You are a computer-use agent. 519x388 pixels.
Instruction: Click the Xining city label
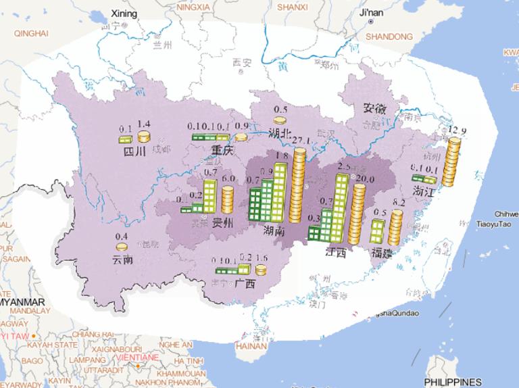(124, 14)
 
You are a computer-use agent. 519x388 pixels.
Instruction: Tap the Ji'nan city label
(371, 13)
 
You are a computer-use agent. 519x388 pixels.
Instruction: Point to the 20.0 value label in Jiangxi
(366, 178)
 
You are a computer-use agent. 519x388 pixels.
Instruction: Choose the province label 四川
(134, 151)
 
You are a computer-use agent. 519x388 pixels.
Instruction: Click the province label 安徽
(375, 107)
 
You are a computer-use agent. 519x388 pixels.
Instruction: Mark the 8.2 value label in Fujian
(398, 202)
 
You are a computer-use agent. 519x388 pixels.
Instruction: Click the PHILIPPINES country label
(453, 382)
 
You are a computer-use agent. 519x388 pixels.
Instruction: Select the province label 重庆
(222, 151)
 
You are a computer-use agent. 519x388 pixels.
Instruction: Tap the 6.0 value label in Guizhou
(228, 179)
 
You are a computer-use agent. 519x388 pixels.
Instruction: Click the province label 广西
(245, 284)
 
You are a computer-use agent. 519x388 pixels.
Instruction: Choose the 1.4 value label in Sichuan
(143, 124)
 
